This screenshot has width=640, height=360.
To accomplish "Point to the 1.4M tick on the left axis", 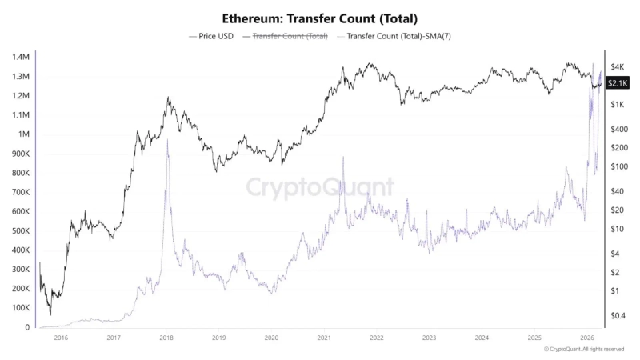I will click(20, 58).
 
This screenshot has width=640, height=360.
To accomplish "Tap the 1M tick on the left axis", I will click(23, 134).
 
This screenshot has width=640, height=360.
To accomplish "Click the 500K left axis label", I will click(20, 230).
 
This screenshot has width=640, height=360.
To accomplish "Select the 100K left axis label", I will click(20, 308).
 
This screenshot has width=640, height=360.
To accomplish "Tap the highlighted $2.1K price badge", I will click(617, 82).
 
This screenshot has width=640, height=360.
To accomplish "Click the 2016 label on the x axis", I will click(61, 338).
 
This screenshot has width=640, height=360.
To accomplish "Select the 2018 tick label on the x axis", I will click(166, 338).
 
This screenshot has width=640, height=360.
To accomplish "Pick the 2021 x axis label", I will click(323, 338).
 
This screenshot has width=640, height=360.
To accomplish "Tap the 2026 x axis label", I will click(586, 338).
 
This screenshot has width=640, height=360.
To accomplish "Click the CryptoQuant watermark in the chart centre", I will click(319, 187).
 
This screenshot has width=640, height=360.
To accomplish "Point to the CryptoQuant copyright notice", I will click(584, 350).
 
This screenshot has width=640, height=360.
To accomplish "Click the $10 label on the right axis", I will click(617, 229).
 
